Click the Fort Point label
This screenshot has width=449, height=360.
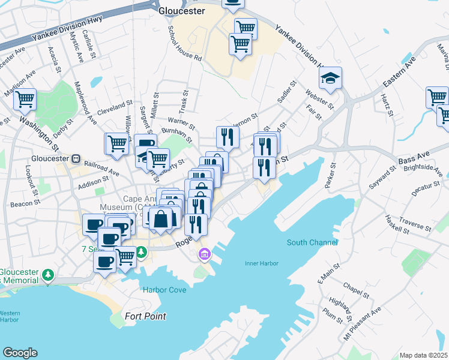(145, 316)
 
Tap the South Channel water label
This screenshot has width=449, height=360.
(312, 242)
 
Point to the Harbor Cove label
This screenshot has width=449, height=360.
(164, 290)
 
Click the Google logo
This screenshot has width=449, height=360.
(20, 353)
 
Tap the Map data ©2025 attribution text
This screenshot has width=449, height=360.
(423, 355)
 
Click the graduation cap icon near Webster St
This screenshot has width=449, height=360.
(330, 79)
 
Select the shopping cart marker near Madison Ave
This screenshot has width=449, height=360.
(25, 99)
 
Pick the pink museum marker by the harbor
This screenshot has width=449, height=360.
(205, 256)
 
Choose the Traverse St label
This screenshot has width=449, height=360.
(415, 225)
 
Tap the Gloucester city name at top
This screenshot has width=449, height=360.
(181, 11)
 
